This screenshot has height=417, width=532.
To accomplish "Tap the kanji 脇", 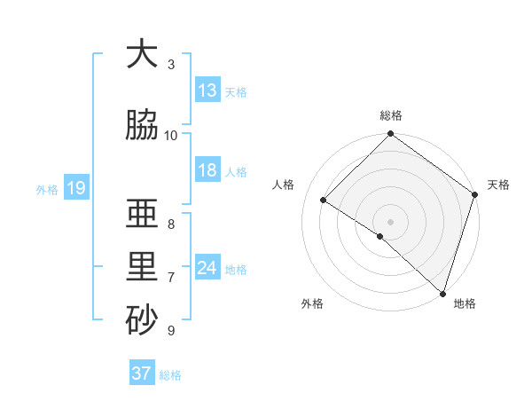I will (142, 125).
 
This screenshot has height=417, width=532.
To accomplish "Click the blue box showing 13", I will (207, 90).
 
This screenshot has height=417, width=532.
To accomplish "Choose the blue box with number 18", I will (207, 170).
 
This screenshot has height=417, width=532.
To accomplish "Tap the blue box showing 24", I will (207, 268).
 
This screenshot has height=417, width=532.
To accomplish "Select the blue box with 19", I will (75, 187).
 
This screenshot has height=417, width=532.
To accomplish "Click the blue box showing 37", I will (142, 374).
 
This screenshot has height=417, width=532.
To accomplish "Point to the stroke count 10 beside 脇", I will (171, 135).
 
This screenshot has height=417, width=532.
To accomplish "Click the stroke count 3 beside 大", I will (171, 64).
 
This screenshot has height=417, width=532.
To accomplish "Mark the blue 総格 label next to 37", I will (170, 375).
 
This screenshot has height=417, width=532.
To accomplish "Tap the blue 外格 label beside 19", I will (47, 189).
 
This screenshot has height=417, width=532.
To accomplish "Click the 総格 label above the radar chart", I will (391, 116).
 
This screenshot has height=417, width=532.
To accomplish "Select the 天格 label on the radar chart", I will (499, 185).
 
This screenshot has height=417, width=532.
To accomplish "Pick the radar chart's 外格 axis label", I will (312, 303).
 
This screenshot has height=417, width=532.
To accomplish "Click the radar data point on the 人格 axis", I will (324, 201).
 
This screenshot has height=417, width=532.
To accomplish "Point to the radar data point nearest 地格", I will (442, 293).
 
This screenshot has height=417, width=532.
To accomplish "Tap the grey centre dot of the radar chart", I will (390, 221).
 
